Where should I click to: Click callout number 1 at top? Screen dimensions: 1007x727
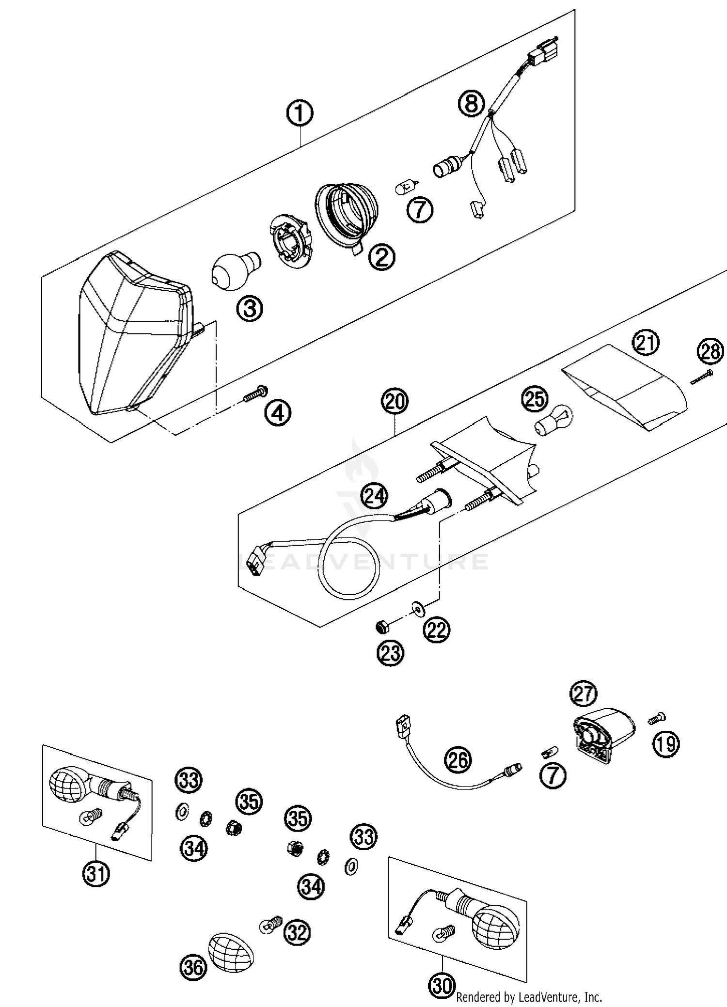click(300, 113)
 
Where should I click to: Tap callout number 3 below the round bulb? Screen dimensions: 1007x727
click(250, 308)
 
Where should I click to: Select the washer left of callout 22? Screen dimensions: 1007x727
click(416, 607)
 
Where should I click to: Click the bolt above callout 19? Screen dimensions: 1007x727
click(657, 718)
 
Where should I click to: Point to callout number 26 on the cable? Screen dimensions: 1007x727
click(458, 760)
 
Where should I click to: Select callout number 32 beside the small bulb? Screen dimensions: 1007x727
click(297, 931)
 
